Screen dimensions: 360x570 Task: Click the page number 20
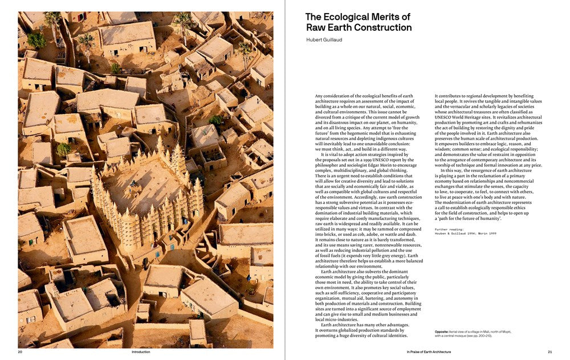[x=20, y=352]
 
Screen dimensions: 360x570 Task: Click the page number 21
[x=549, y=352]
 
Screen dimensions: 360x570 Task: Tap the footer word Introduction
[x=141, y=352]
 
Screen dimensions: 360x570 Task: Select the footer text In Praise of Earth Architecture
[x=429, y=352]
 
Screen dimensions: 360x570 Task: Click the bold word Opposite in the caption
[x=441, y=331]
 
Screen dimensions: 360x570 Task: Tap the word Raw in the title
[x=316, y=27]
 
